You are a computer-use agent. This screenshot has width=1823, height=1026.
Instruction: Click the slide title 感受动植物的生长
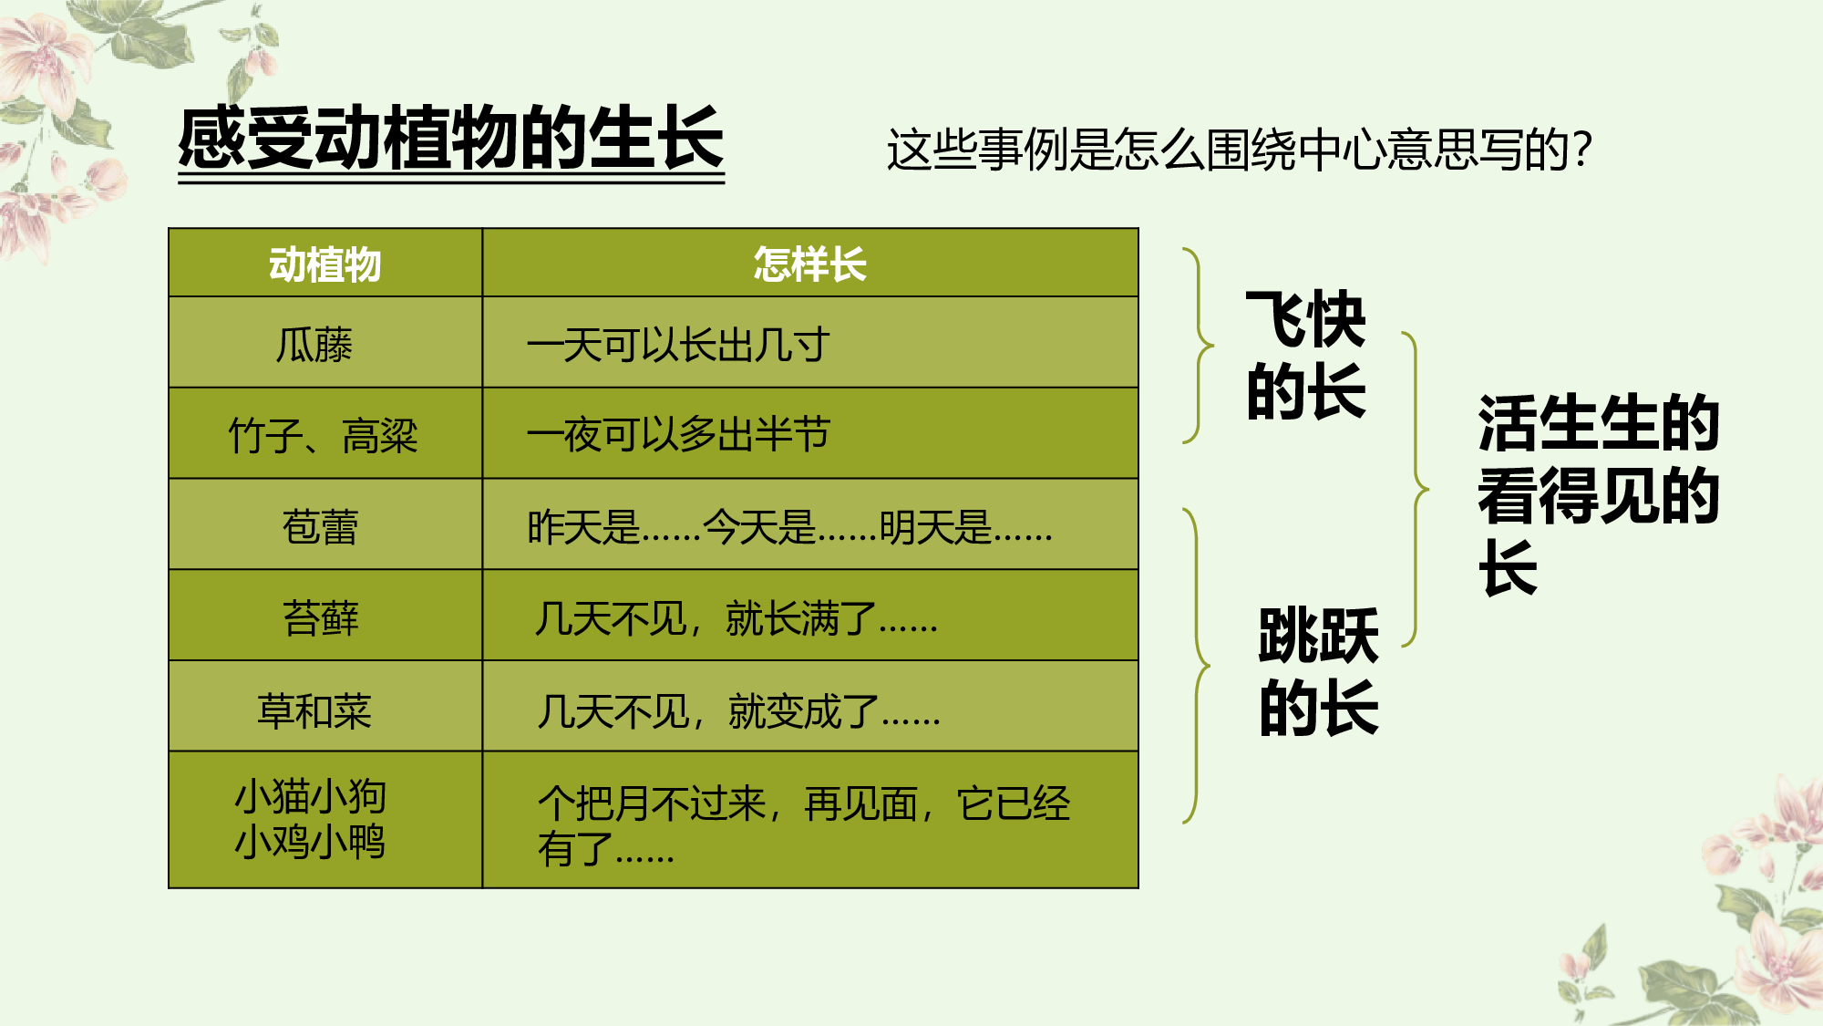[x=451, y=139]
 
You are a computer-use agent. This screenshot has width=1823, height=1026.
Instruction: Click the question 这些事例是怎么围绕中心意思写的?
[x=1238, y=150]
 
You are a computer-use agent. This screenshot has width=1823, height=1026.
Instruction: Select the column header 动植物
[x=324, y=264]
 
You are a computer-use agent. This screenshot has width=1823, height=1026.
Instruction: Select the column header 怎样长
[x=809, y=264]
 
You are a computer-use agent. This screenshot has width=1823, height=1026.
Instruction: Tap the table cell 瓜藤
[x=314, y=345]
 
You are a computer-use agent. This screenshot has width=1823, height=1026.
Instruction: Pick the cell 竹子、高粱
[x=323, y=435]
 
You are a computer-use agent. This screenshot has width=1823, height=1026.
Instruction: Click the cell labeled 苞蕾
[x=320, y=526]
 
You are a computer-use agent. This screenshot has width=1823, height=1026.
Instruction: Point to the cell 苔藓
[x=320, y=617]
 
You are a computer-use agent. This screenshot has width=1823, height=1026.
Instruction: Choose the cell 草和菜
[x=314, y=710]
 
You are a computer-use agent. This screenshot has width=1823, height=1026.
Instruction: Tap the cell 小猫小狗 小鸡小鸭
[x=311, y=819]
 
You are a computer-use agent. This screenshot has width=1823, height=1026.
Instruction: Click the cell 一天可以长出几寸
[x=678, y=345]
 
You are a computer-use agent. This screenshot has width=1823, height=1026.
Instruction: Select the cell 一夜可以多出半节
[x=678, y=435]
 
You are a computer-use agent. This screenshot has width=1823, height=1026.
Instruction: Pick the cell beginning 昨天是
[x=789, y=526]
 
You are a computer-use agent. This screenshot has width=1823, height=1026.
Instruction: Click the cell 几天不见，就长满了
[x=736, y=618]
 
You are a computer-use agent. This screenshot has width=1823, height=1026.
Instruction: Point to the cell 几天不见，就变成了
[x=738, y=710]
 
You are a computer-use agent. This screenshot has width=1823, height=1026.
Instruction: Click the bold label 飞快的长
[x=1305, y=356]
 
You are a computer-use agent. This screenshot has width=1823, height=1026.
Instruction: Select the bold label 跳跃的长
[x=1318, y=671]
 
